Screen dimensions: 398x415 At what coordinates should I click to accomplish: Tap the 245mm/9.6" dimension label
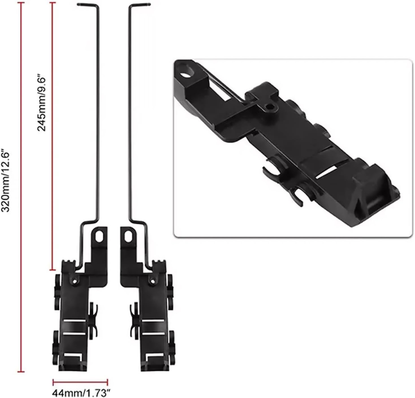tap(42, 103)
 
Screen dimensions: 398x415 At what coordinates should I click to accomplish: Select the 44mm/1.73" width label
tap(80, 393)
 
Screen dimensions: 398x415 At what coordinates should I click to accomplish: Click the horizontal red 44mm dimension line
tap(80, 382)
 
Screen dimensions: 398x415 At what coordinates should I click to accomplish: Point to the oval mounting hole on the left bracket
tap(99, 236)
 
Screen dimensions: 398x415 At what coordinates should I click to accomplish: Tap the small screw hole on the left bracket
tap(75, 281)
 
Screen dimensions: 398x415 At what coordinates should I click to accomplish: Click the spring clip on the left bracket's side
tap(93, 321)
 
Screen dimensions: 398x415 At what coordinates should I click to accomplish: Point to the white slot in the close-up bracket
tap(326, 173)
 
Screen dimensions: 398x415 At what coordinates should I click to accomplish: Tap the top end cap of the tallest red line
tap(21, 3)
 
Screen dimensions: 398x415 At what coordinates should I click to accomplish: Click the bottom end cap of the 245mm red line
tap(52, 270)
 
